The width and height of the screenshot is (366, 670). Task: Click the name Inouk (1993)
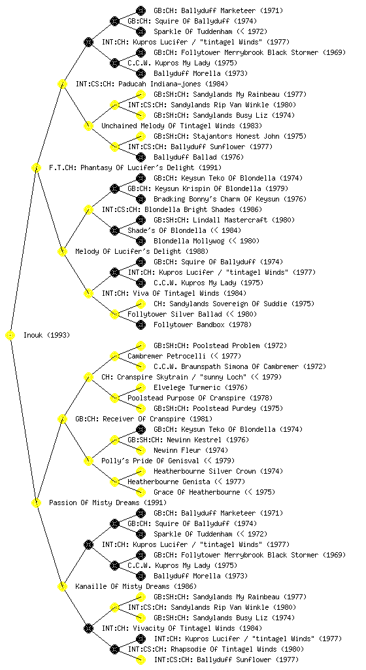pyautogui.click(x=46, y=335)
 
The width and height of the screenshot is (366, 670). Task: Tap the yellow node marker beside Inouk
pyautogui.click(x=10, y=335)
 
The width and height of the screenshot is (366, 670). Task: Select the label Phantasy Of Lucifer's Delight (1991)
pyautogui.click(x=135, y=167)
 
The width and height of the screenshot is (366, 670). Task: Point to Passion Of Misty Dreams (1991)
pyautogui.click(x=108, y=502)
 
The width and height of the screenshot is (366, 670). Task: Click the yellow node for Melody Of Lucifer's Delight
pyautogui.click(x=62, y=251)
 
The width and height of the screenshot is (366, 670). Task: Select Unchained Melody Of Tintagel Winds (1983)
pyautogui.click(x=182, y=126)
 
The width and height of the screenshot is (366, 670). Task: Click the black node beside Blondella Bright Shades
pyautogui.click(x=88, y=209)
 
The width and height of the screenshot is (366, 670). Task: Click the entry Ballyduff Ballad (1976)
pyautogui.click(x=199, y=157)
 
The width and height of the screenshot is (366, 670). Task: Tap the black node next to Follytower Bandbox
pyautogui.click(x=141, y=325)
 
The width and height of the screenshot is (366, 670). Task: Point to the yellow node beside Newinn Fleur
pyautogui.click(x=141, y=450)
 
